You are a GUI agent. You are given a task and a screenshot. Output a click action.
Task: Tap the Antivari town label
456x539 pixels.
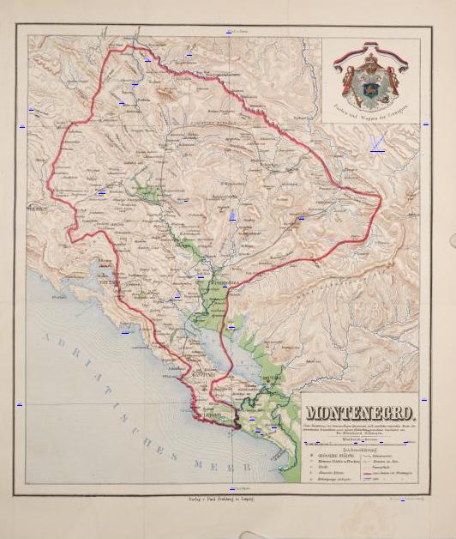201,375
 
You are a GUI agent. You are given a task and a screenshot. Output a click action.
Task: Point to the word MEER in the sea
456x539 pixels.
211,463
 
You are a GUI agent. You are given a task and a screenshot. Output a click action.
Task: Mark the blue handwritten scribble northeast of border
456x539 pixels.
375,143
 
